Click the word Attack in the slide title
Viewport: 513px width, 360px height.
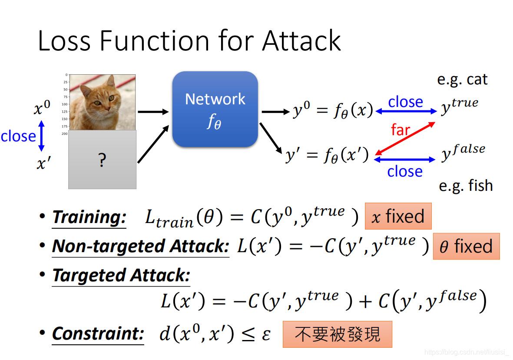301,41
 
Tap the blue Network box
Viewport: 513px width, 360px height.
215,109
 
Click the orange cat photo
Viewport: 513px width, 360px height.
103,103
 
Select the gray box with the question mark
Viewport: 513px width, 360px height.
103,160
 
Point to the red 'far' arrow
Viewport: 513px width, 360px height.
405,138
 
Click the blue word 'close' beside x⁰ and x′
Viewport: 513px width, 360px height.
18,137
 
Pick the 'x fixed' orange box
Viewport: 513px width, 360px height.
398,216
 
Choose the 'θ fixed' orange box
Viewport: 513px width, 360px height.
466,247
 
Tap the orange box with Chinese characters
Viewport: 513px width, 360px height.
337,334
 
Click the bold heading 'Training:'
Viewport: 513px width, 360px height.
89,217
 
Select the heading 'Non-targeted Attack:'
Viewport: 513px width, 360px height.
140,247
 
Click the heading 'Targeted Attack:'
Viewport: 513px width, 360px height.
121,276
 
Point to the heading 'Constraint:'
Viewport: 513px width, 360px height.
98,334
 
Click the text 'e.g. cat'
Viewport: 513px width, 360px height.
462,80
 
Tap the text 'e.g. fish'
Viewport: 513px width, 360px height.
466,186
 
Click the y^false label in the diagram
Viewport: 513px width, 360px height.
463,153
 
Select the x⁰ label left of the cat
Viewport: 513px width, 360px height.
42,108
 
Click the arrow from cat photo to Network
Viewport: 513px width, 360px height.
153,112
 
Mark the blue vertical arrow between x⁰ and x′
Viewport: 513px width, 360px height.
42,136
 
